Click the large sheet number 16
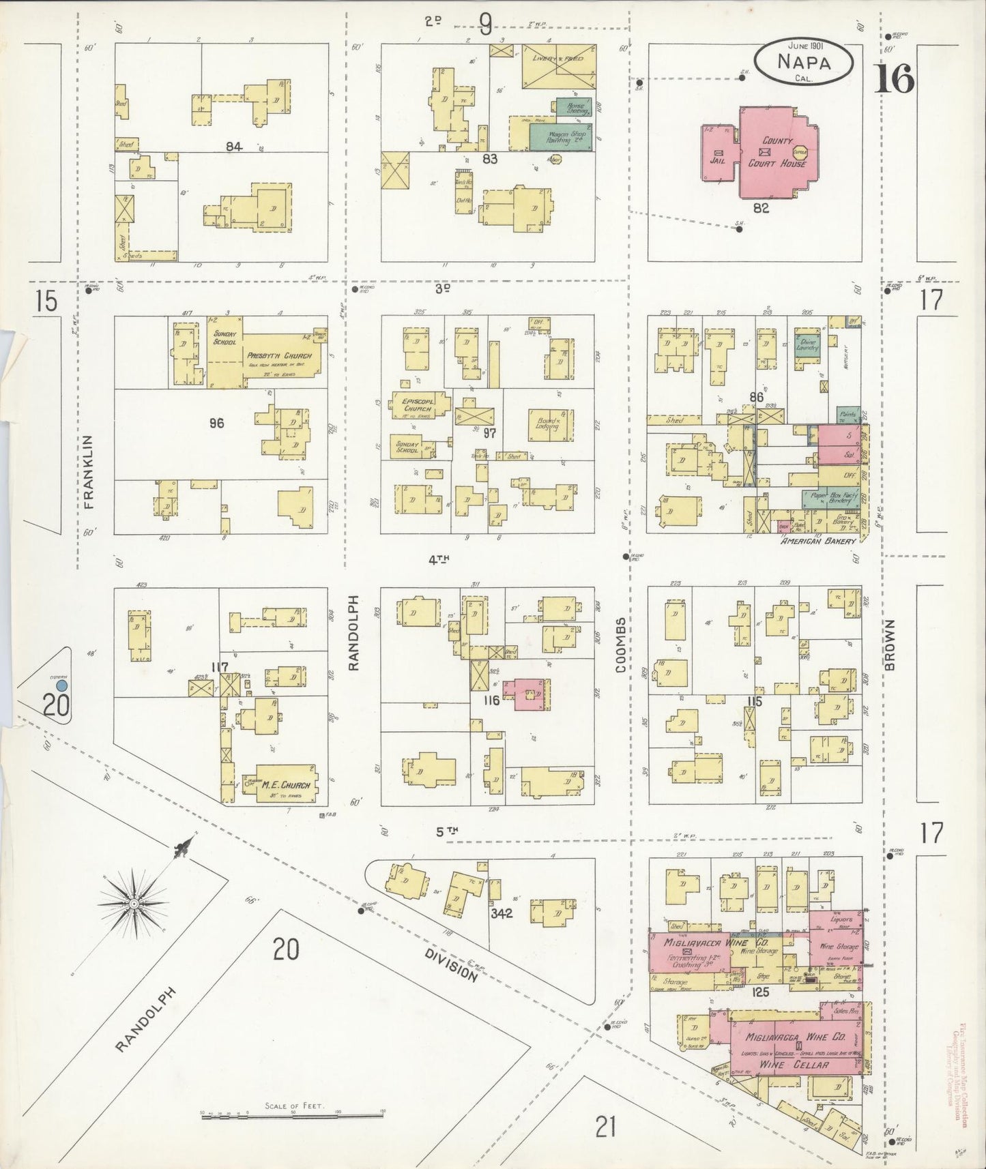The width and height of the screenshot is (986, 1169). tap(894, 80)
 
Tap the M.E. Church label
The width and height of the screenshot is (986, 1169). tap(286, 785)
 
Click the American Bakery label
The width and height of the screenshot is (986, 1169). tap(818, 541)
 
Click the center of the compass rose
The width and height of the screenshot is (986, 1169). tap(134, 904)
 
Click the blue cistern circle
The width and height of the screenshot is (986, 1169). tap(62, 684)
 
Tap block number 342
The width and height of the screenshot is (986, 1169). tap(502, 913)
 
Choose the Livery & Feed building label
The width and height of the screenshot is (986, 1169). tap(559, 60)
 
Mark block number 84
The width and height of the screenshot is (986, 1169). tap(235, 146)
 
